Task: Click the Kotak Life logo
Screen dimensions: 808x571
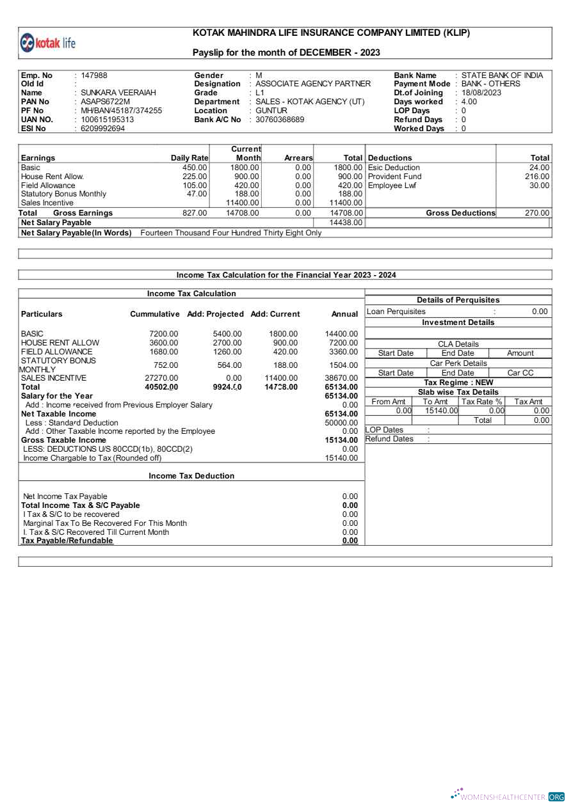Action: pyautogui.click(x=48, y=43)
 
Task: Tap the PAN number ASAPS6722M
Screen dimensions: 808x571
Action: pyautogui.click(x=105, y=102)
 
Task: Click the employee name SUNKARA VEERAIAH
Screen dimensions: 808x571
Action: pyautogui.click(x=118, y=93)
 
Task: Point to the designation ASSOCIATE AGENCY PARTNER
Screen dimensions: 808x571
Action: pyautogui.click(x=313, y=84)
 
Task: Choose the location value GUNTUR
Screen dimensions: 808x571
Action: pyautogui.click(x=271, y=111)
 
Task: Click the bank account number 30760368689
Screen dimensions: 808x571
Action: pyautogui.click(x=280, y=120)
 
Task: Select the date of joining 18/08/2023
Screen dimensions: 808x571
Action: pyautogui.click(x=481, y=93)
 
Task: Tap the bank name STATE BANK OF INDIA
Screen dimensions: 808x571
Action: pyautogui.click(x=502, y=75)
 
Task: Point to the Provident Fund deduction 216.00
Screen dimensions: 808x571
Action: pyautogui.click(x=537, y=177)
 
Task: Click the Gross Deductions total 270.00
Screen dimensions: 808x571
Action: pyautogui.click(x=537, y=213)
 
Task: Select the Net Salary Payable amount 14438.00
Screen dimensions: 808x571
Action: pyautogui.click(x=346, y=223)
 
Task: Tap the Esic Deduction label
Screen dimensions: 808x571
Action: pyautogui.click(x=394, y=168)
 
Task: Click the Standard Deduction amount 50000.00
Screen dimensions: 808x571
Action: pyautogui.click(x=341, y=423)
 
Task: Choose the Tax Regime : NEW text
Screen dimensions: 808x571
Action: pyautogui.click(x=458, y=383)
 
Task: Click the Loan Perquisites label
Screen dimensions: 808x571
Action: pyautogui.click(x=396, y=312)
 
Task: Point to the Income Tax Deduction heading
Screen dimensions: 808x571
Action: pyautogui.click(x=191, y=476)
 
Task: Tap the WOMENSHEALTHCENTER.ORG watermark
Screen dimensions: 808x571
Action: pyautogui.click(x=508, y=796)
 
